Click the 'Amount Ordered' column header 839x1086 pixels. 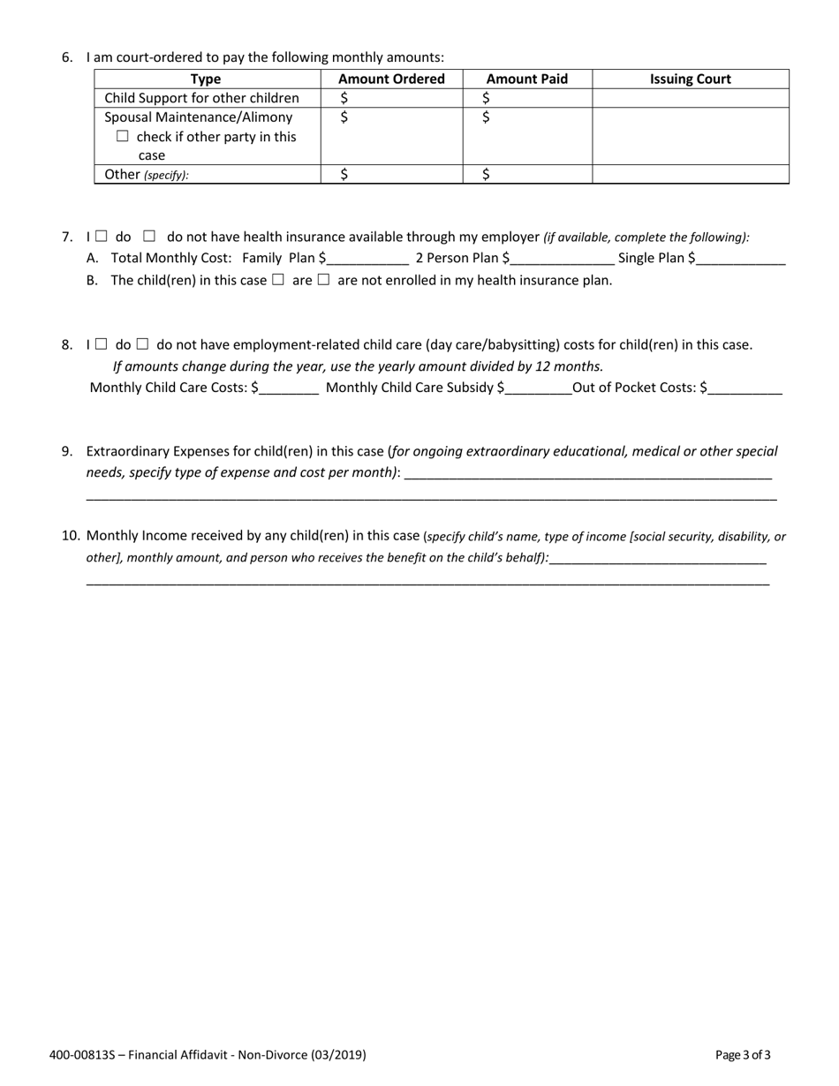point(391,79)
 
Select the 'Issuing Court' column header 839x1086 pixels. point(691,79)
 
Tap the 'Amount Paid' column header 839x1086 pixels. point(527,79)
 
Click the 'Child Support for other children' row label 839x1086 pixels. point(201,98)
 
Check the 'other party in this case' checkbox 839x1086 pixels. point(123,136)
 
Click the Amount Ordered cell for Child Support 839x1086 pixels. point(391,98)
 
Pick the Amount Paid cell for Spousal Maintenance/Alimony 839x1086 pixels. point(527,136)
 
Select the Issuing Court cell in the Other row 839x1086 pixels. point(691,174)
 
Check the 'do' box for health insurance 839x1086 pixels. point(102,236)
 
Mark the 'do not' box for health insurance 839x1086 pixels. point(149,236)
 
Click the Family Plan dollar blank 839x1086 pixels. point(367,259)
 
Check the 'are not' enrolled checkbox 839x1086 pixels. point(323,280)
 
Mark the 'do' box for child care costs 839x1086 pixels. point(102,343)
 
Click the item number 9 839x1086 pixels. point(67,451)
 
